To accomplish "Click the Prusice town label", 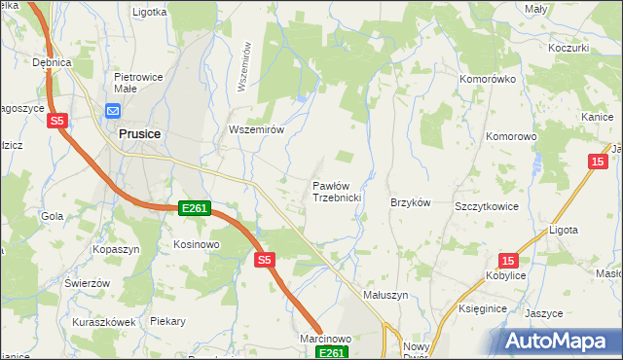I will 139,133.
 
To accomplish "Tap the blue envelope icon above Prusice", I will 112,111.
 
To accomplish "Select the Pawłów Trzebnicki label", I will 337,191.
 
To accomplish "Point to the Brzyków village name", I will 410,202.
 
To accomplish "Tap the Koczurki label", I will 568,48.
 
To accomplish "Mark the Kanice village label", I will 596,117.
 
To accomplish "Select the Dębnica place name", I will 53,62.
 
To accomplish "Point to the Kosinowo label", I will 196,244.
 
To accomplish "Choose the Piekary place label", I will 167,320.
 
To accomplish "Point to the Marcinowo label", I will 325,338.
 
